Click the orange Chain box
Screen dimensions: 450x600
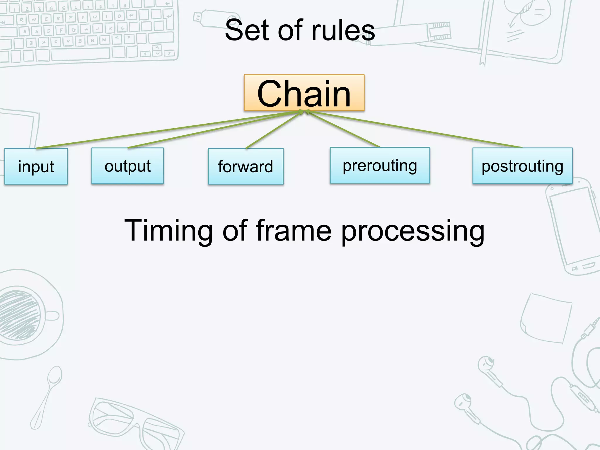(x=304, y=93)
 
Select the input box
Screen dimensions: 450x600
(x=36, y=166)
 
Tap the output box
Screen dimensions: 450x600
(x=127, y=166)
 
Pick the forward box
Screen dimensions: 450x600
(x=246, y=166)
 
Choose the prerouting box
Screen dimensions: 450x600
(x=380, y=166)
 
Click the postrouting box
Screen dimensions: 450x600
(x=522, y=166)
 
